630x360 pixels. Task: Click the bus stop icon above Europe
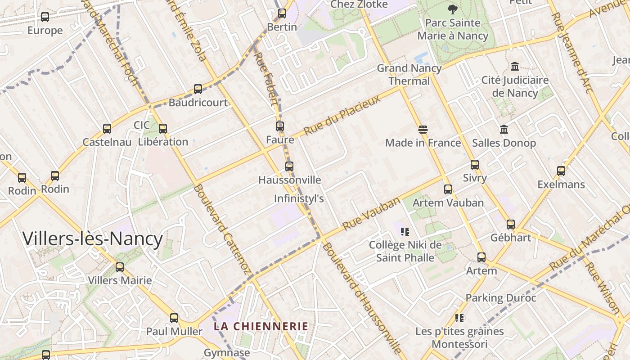pyautogui.click(x=45, y=17)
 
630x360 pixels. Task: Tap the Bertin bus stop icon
pyautogui.click(x=282, y=13)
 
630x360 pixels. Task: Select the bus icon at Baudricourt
pyautogui.click(x=198, y=89)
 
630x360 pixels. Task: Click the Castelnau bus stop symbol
pyautogui.click(x=107, y=129)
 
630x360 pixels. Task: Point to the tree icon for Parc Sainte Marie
pyautogui.click(x=453, y=9)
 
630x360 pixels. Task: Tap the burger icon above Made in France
pyautogui.click(x=423, y=130)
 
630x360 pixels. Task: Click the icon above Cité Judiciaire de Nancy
pyautogui.click(x=515, y=67)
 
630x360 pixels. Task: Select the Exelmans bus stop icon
pyautogui.click(x=561, y=171)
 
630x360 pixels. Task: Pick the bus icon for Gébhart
pyautogui.click(x=511, y=224)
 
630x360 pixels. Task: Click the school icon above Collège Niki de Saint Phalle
pyautogui.click(x=405, y=232)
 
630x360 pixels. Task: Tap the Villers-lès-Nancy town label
pyautogui.click(x=93, y=239)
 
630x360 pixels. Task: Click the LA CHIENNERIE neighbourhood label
pyautogui.click(x=261, y=326)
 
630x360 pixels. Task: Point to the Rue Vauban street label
pyautogui.click(x=371, y=214)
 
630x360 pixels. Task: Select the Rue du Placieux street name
pyautogui.click(x=342, y=116)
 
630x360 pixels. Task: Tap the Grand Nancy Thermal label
pyautogui.click(x=409, y=75)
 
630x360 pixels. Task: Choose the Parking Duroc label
pyautogui.click(x=501, y=298)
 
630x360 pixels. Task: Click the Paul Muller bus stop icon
pyautogui.click(x=174, y=318)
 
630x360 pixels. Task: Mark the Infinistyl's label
pyautogui.click(x=299, y=198)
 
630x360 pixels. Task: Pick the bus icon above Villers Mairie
pyautogui.click(x=120, y=267)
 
